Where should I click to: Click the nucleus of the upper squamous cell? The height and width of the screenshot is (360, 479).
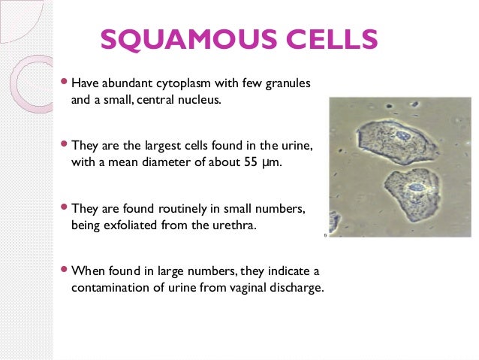(405, 135)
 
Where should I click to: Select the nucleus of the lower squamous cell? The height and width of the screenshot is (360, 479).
(414, 186)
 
